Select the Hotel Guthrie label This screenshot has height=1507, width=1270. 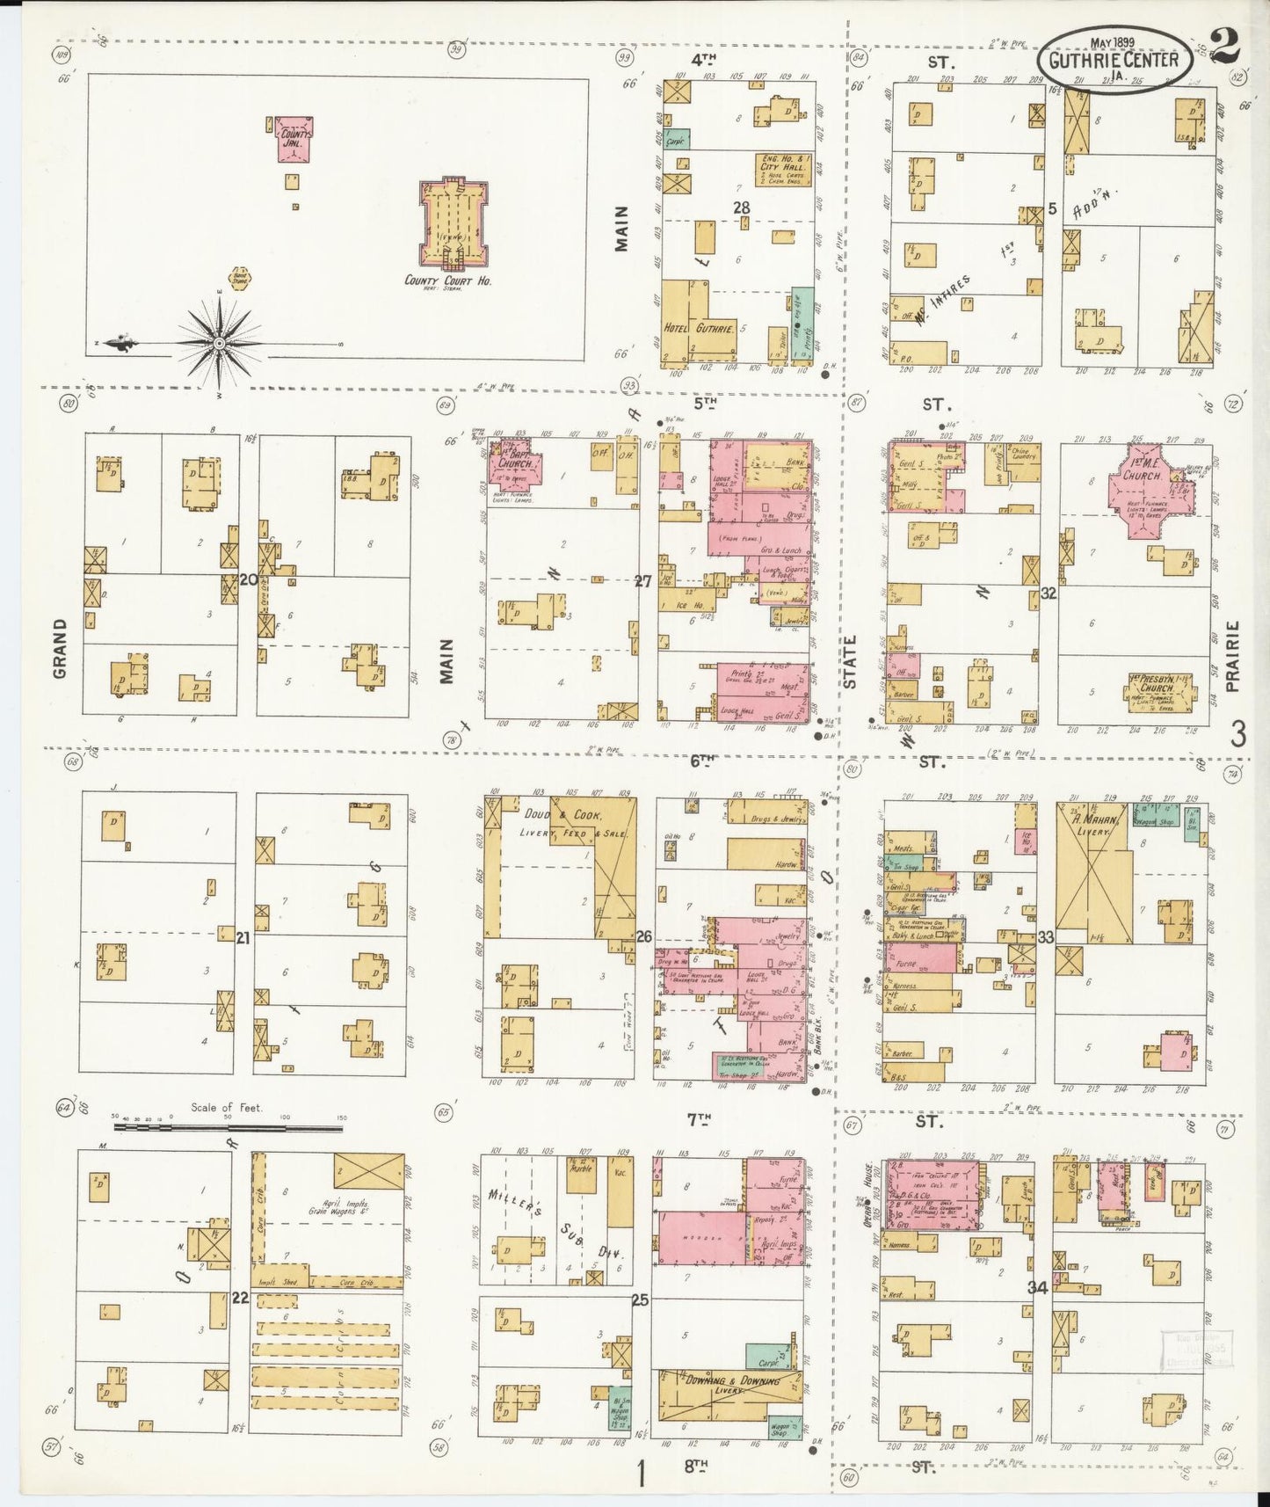(688, 328)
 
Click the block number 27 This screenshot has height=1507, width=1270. (643, 581)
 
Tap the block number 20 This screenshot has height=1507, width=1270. (248, 579)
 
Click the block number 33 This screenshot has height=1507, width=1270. (1046, 937)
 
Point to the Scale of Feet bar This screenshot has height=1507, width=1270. (227, 1128)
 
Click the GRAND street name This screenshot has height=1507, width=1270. (60, 648)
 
